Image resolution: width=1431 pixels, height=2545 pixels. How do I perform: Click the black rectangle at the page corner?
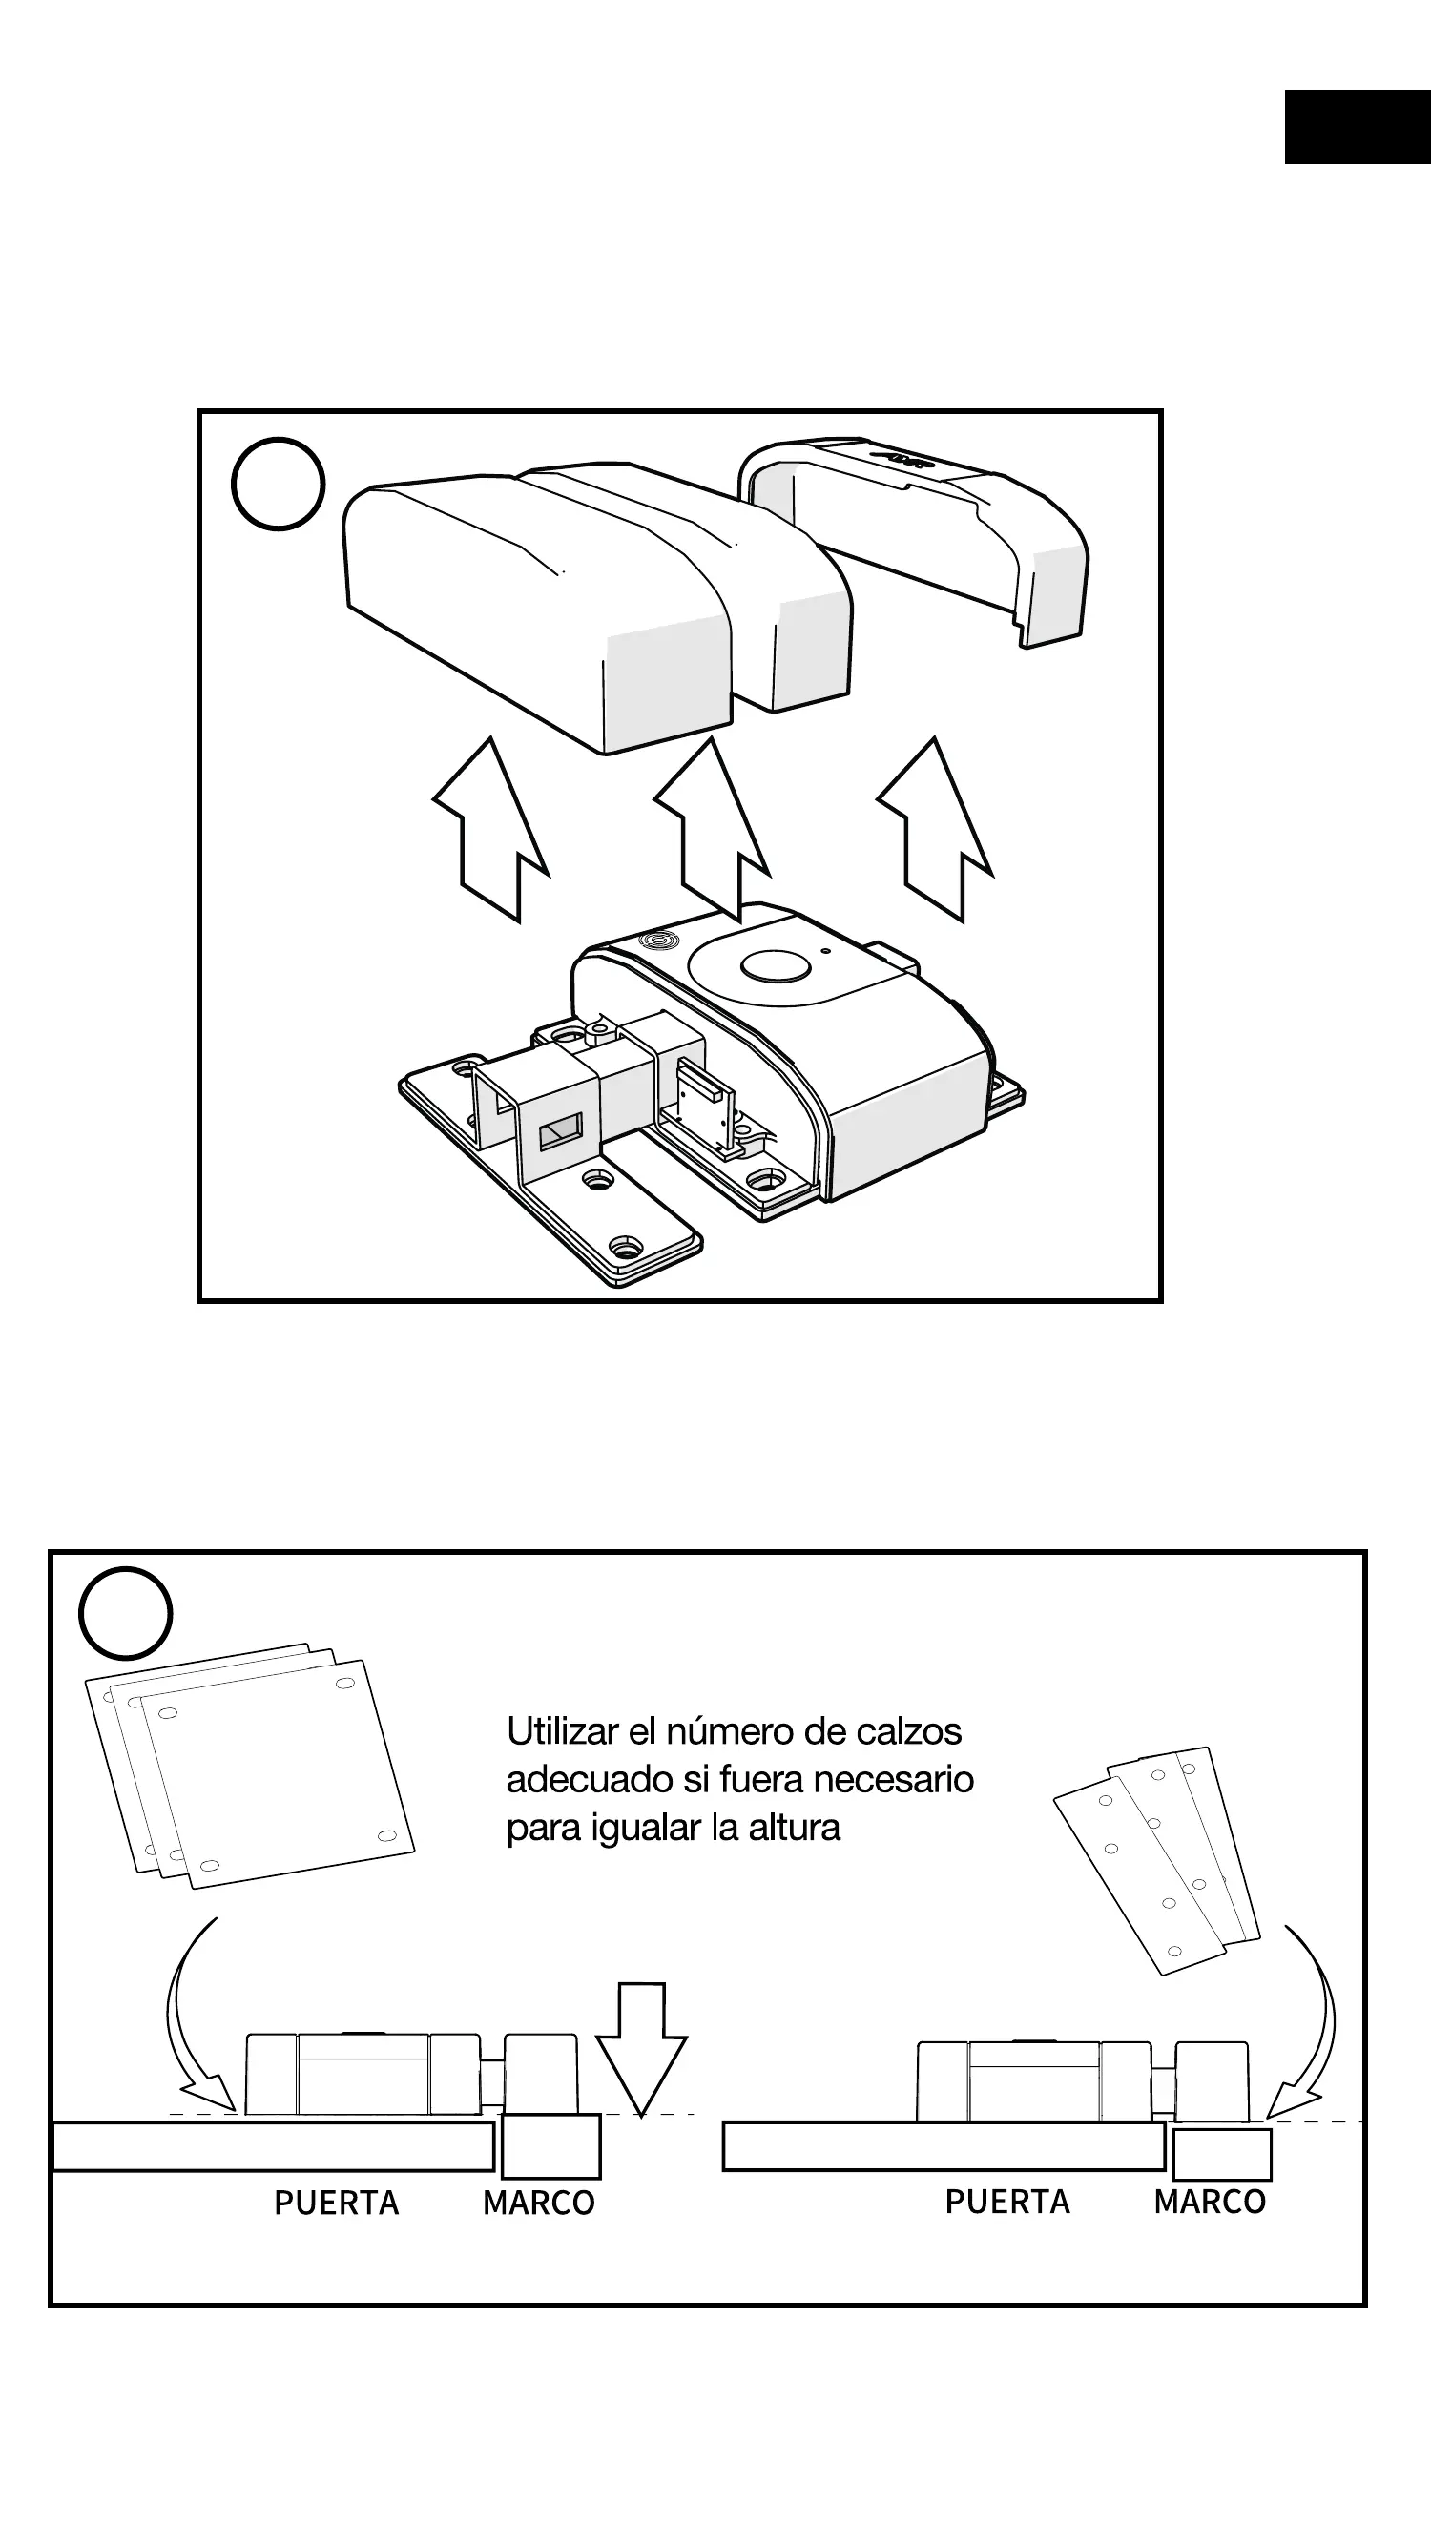(1357, 127)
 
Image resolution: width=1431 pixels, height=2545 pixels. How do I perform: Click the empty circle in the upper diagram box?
(278, 485)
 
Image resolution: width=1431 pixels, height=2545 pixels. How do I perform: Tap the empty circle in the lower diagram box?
(126, 1613)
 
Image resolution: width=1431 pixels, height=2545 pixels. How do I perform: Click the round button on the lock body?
(775, 966)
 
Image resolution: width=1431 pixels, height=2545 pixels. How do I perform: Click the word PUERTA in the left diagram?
(336, 2203)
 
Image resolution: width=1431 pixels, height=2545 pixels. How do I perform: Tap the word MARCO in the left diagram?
(539, 2203)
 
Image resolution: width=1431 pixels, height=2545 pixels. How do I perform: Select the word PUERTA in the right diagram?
(1007, 2202)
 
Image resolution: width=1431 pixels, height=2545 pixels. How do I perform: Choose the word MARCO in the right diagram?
(1210, 2202)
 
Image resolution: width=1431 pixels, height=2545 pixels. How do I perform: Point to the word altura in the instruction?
(794, 1828)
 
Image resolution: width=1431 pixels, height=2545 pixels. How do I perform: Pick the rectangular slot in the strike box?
(560, 1130)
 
